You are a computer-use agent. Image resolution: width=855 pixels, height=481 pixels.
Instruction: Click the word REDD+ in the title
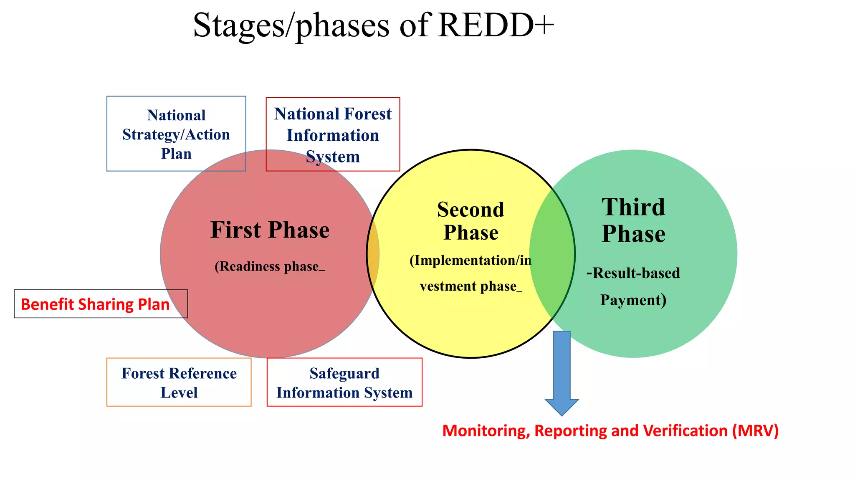pos(496,25)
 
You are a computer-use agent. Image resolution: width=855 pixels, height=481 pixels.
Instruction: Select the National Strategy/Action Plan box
pos(176,134)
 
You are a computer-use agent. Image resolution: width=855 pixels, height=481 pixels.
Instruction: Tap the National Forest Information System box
pos(333,135)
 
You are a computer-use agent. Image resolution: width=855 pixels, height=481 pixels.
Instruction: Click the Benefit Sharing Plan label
pos(95,304)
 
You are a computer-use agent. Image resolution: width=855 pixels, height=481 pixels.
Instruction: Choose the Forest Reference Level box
pos(179,382)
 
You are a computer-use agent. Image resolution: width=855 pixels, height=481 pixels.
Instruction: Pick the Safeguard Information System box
pos(344,382)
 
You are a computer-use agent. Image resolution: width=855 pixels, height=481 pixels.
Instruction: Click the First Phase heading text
pos(270,230)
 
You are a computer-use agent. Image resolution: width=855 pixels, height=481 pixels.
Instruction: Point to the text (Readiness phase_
pos(270,266)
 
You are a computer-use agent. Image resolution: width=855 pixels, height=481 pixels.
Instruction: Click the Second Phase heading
pos(471,221)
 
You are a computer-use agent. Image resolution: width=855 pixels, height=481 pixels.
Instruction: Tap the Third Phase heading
pos(633,220)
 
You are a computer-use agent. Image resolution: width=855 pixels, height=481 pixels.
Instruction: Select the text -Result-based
pos(633,273)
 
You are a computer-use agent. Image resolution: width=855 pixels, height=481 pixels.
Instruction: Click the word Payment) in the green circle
pos(633,300)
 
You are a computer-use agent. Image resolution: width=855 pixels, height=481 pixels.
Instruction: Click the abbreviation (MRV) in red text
pos(755,430)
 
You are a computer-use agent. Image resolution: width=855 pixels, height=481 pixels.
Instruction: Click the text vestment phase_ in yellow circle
pos(471,286)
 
